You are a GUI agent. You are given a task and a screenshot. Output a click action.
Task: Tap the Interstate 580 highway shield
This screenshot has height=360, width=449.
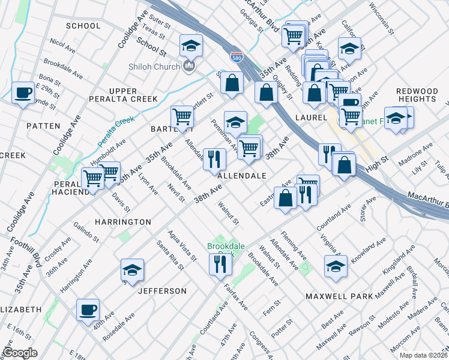coord(237,58)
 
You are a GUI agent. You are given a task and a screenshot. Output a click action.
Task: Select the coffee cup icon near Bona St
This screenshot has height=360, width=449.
coord(23,93)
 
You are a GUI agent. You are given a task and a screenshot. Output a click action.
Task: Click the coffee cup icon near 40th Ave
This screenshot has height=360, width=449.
coord(88,310)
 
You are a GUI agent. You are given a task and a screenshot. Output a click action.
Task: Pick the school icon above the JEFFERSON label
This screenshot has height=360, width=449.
coord(132,270)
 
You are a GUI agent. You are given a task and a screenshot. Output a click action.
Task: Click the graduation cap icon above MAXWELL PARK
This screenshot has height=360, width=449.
coord(336,266)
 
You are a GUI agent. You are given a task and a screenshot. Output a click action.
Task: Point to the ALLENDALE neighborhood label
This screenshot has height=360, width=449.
coord(242,176)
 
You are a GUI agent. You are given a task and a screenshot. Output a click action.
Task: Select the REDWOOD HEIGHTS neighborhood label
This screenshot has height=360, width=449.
coord(417,95)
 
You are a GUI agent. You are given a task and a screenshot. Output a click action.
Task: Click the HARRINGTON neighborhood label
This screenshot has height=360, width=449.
coord(123,222)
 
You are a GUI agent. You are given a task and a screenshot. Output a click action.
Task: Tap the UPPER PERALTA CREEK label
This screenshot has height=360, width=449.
coord(124,95)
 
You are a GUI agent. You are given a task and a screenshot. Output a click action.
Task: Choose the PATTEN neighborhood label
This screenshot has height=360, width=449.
coord(43,126)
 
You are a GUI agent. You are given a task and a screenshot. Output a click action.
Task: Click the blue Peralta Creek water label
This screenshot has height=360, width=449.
coord(115,131)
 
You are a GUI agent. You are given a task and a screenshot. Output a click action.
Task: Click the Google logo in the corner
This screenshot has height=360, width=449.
coord(20,353)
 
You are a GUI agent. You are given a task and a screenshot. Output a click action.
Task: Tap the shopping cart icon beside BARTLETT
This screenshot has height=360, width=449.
coord(181,116)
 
